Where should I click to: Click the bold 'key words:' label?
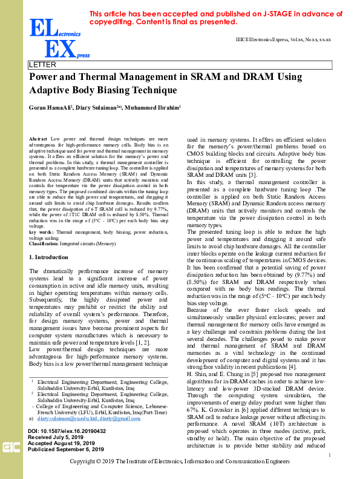click(x=42, y=231)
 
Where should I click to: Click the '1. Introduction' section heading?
click(x=50, y=257)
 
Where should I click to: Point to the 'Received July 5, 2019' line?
click(x=56, y=437)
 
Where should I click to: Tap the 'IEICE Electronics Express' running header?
click(x=283, y=39)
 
